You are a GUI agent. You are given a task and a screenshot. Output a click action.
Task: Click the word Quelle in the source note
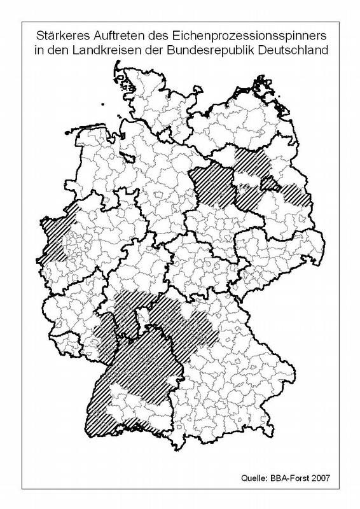coord(256,476)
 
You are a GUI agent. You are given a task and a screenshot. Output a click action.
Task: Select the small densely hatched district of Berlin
coord(269,185)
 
